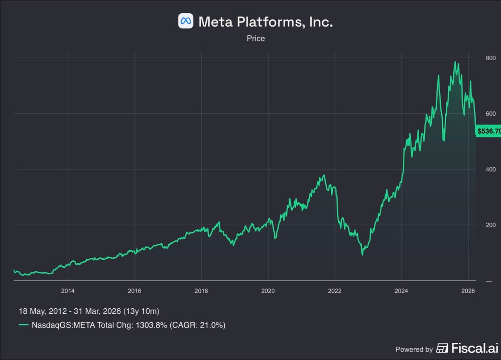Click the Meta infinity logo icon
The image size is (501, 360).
pos(186,21)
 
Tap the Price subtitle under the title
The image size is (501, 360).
pos(256,38)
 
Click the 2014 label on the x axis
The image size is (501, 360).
pos(68,291)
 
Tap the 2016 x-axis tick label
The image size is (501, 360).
pos(135,291)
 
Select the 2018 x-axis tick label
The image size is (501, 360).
pos(201,291)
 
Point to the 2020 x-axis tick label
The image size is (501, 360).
pos(268,291)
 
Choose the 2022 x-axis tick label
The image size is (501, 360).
pos(335,291)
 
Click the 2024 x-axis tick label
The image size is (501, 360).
pos(402,291)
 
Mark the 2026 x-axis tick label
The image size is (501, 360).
pos(468,291)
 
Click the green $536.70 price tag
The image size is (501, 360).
pos(488,131)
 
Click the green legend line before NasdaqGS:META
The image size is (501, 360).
pos(24,325)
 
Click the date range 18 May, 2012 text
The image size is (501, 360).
pos(47,311)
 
